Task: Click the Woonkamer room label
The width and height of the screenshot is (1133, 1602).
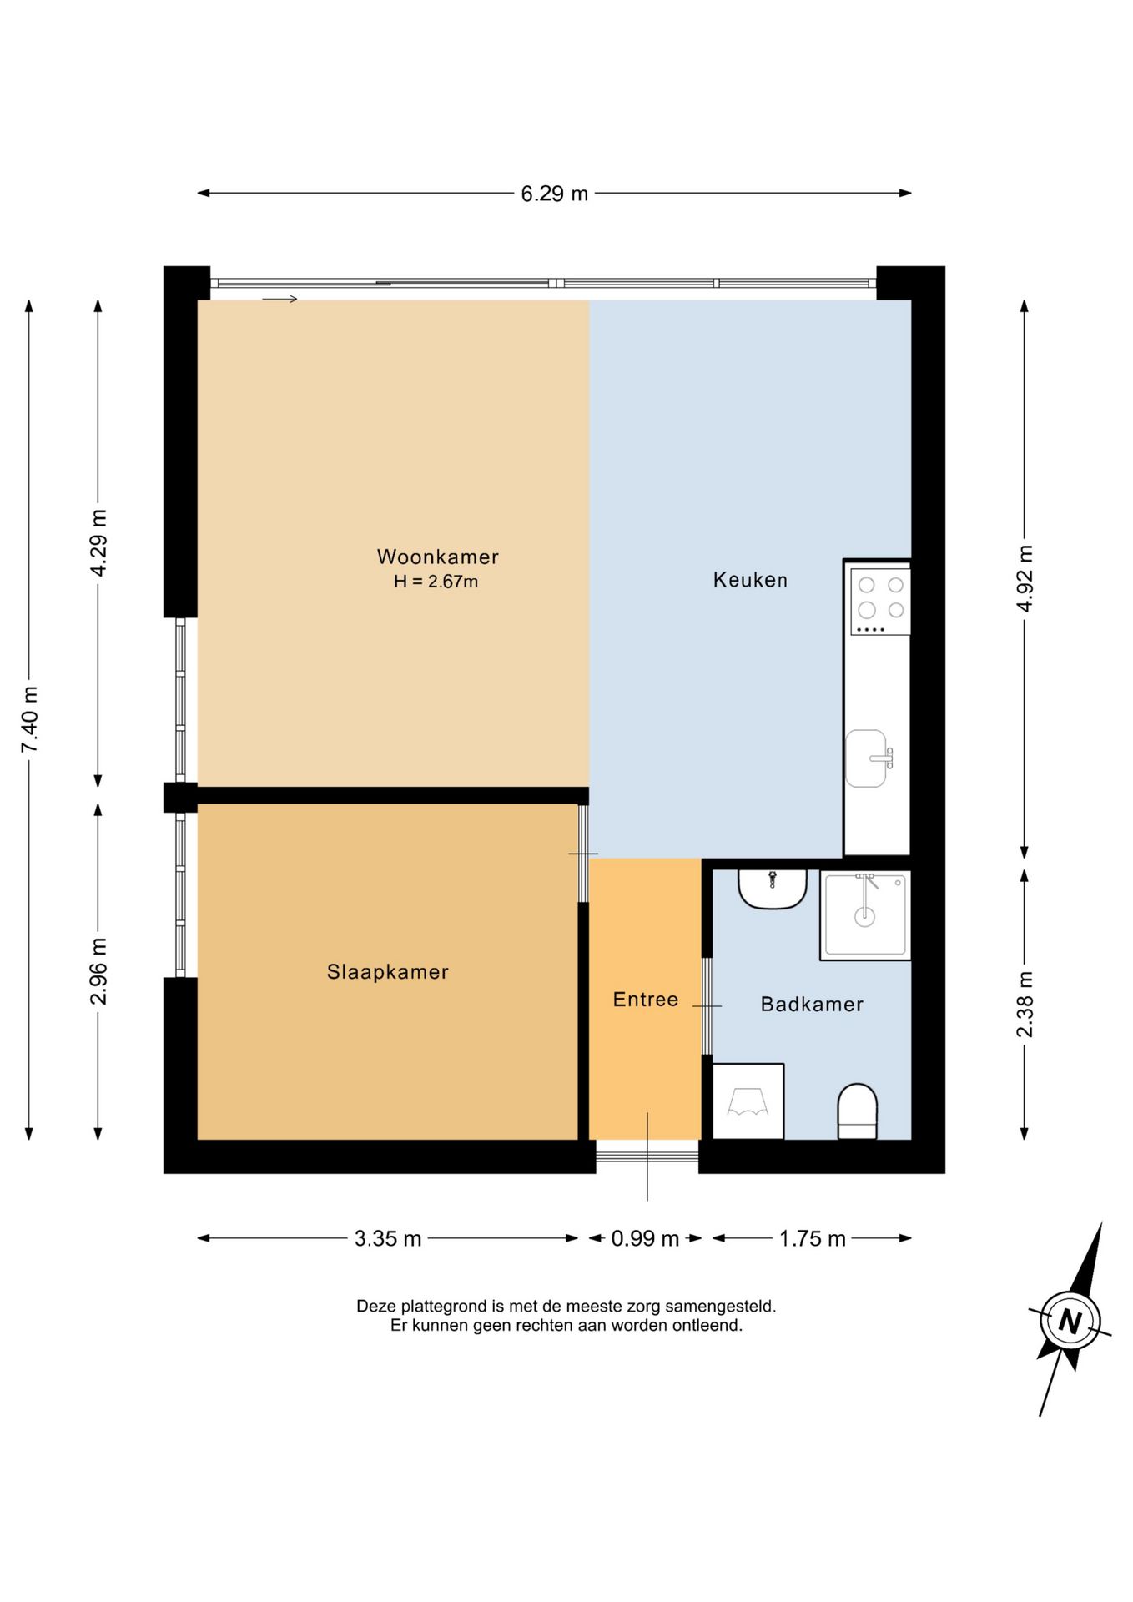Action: [x=438, y=557]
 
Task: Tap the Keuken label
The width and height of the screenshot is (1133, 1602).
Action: [x=750, y=580]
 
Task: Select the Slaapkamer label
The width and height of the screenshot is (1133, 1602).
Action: [x=388, y=972]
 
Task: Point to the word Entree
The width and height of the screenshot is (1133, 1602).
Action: [x=646, y=1000]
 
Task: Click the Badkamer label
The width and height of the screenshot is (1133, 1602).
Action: [x=812, y=1005]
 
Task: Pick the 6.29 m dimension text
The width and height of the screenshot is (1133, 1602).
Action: [x=555, y=194]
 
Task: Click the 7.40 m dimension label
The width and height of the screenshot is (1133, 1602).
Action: [x=30, y=719]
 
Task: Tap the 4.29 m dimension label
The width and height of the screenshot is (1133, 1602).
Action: [x=98, y=542]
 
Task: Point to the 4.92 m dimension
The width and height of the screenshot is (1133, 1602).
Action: [x=1025, y=578]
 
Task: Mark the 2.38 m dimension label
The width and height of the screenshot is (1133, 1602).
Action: [x=1025, y=1005]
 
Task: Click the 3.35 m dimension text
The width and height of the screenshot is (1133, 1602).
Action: [x=388, y=1238]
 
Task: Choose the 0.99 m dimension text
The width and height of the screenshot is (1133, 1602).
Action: [x=645, y=1238]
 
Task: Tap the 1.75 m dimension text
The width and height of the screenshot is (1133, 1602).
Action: [x=813, y=1238]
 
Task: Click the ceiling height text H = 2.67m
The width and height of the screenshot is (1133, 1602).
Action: [x=436, y=582]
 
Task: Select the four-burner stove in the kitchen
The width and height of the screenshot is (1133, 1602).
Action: [x=880, y=601]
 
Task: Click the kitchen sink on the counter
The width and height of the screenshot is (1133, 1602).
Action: [x=868, y=758]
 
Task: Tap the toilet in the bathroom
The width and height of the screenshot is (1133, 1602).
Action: [x=857, y=1111]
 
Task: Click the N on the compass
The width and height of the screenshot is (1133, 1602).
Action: [x=1070, y=1322]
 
